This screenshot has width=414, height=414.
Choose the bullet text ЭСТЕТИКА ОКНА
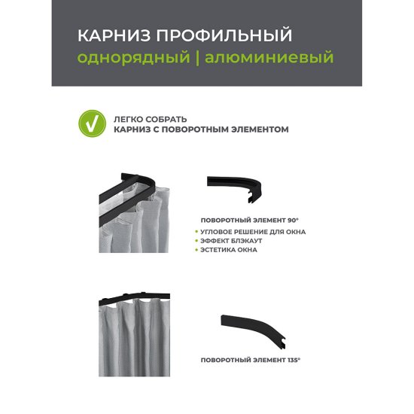point(230,250)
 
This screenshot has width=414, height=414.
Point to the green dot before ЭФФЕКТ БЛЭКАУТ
point(197,241)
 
